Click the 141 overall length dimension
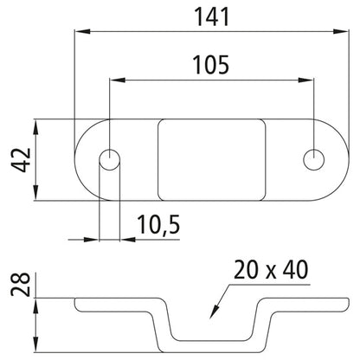coord(212,16)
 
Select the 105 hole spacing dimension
coord(211,64)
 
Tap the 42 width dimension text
coord(21,160)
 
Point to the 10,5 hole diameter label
coord(158,225)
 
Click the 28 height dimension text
coord(21,285)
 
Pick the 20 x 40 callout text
coord(271,270)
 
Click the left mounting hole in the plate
coord(110,159)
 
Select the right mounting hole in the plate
coord(314,159)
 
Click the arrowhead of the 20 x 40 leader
coord(213,312)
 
